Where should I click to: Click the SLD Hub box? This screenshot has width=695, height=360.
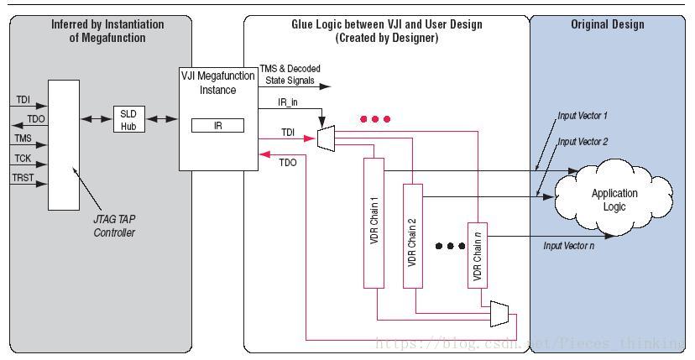point(128,119)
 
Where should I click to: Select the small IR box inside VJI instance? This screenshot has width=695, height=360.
point(217,126)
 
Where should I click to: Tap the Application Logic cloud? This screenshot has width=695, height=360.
point(614,199)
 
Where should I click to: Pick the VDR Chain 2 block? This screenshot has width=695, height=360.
point(412,236)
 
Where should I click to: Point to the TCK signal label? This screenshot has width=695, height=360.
point(23,158)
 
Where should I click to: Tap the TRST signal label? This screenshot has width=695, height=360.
point(24,178)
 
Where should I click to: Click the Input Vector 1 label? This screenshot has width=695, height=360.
point(583,115)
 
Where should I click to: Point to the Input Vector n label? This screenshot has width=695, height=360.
point(569,245)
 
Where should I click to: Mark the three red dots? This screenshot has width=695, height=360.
point(374,119)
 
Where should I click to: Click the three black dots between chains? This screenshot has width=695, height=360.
point(450,246)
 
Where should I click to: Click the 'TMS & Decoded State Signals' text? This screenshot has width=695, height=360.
point(290,75)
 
